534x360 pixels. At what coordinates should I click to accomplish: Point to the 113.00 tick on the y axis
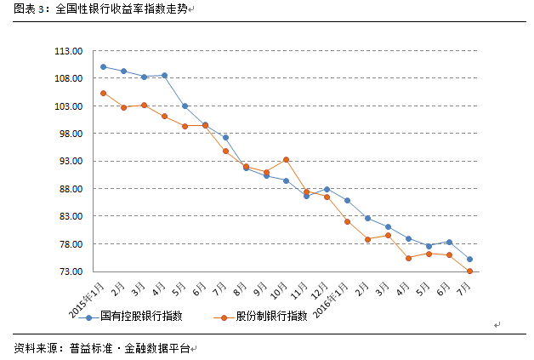(x=69, y=51)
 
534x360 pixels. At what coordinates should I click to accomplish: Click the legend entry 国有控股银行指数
(x=140, y=317)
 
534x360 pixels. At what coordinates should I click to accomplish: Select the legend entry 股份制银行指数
(x=272, y=317)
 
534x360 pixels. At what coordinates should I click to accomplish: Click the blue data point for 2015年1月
(x=103, y=66)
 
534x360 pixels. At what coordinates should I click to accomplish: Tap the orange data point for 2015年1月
(x=103, y=93)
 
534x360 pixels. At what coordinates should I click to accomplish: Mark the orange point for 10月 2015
(x=286, y=160)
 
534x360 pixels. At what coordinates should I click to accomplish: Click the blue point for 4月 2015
(x=164, y=76)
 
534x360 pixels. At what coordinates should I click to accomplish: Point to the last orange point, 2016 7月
(x=469, y=271)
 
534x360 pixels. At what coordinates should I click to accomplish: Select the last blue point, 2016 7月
(x=469, y=259)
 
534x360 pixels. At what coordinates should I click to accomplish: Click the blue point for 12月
(x=327, y=189)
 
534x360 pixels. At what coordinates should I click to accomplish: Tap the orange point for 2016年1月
(x=347, y=221)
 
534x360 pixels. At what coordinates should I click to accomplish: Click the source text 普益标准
(x=90, y=348)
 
